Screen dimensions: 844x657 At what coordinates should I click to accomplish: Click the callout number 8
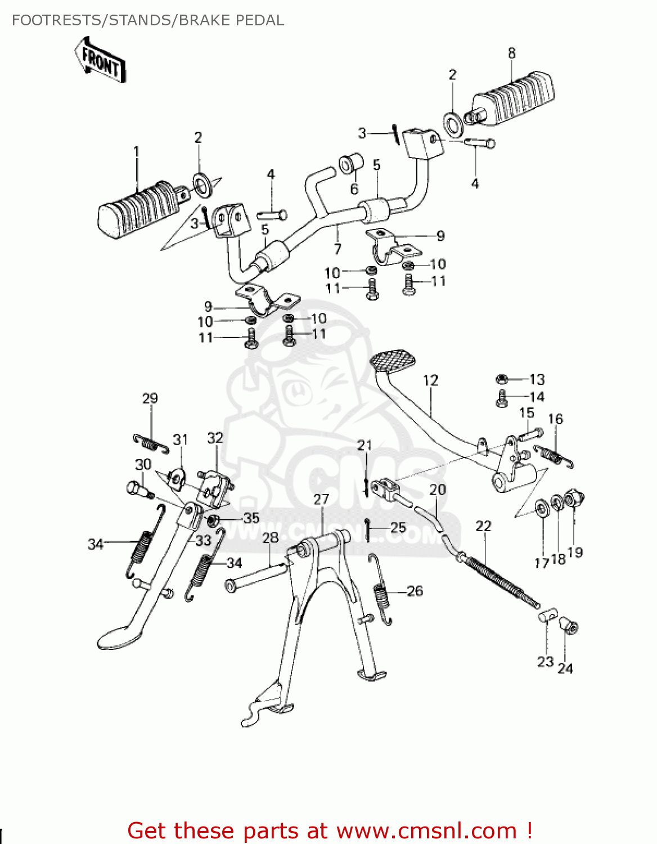coord(511,53)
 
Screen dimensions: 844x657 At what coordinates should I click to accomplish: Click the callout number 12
coord(430,380)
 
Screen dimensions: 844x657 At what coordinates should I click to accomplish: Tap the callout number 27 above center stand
coord(321,499)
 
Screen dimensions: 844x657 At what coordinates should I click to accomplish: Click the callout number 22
coord(483,526)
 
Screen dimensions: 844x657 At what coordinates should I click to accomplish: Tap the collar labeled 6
coord(347,164)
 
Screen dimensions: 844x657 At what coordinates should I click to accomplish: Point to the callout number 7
coord(337,249)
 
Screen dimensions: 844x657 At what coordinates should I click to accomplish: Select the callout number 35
coord(251,518)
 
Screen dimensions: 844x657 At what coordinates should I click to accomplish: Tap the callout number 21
coord(364,446)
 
